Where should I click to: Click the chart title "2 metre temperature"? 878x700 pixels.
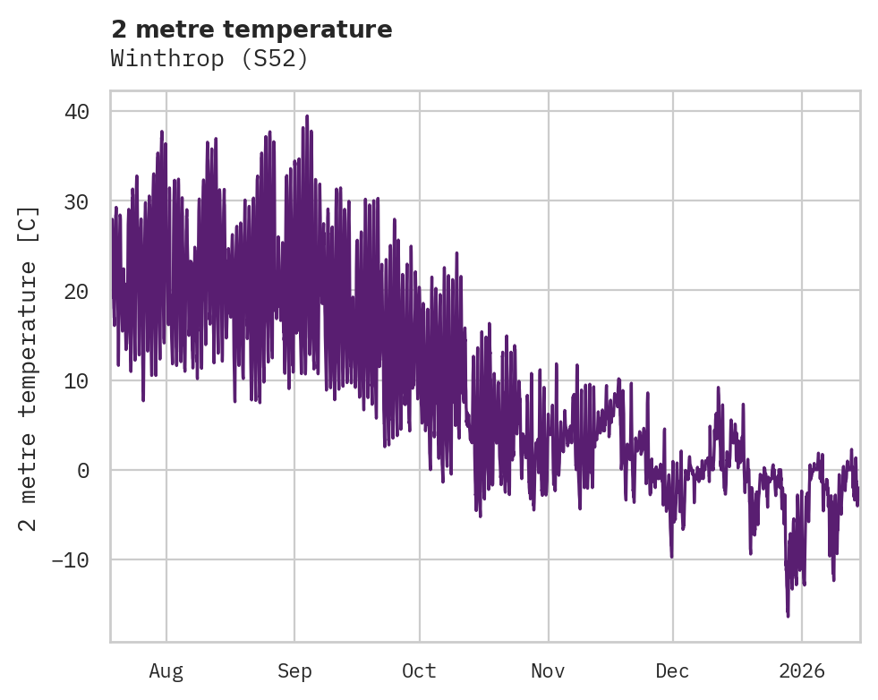click(251, 30)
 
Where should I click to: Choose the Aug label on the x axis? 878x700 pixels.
click(166, 671)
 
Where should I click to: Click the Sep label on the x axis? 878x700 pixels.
click(294, 671)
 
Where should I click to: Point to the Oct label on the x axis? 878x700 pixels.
click(419, 671)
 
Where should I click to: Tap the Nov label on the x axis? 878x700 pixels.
click(548, 671)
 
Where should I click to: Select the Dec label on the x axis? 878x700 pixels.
click(672, 671)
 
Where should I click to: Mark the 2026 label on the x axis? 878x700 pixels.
click(802, 671)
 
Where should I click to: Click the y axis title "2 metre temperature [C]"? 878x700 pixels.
click(30, 368)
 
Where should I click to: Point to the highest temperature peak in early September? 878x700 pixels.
click(307, 116)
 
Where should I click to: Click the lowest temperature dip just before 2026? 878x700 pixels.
click(788, 616)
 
